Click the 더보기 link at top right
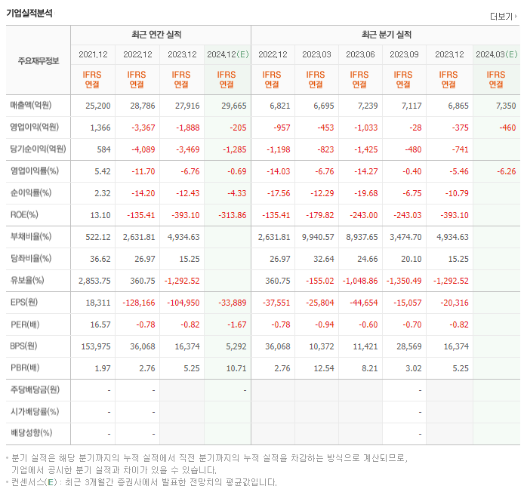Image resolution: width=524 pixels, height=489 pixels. (x=502, y=16)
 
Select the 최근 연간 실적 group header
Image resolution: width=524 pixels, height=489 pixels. (x=160, y=35)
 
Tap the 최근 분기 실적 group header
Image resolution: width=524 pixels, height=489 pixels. (x=385, y=35)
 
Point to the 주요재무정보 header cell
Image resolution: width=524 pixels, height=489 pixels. (x=38, y=61)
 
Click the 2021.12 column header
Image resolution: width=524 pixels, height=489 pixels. (x=94, y=54)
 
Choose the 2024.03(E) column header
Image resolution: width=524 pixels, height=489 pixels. (x=496, y=54)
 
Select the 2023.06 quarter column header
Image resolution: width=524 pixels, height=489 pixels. (x=361, y=54)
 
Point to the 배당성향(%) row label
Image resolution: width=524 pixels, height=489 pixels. (x=31, y=433)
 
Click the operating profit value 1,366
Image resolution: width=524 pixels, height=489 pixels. (x=100, y=128)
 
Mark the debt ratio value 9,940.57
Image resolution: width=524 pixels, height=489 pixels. (x=316, y=237)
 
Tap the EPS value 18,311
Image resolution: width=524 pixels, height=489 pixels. (x=98, y=303)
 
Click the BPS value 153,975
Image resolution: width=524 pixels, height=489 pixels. (x=95, y=346)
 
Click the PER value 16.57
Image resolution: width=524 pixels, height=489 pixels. (x=100, y=324)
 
